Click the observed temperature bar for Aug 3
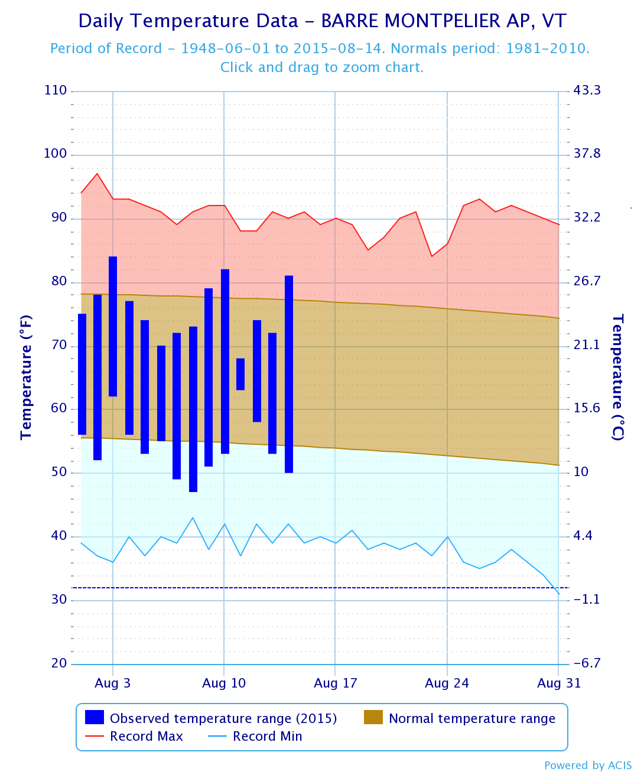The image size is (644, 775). pyautogui.click(x=113, y=326)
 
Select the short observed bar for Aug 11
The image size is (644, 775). pyautogui.click(x=240, y=374)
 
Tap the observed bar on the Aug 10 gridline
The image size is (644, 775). pyautogui.click(x=225, y=361)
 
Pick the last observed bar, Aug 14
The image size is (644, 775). pyautogui.click(x=289, y=374)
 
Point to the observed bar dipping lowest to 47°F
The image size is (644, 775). pyautogui.click(x=193, y=409)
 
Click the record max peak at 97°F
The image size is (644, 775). pyautogui.click(x=97, y=174)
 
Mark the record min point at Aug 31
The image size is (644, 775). pyautogui.click(x=558, y=594)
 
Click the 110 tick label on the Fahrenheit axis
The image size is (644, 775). pyautogui.click(x=56, y=90)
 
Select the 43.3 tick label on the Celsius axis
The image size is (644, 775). pyautogui.click(x=587, y=90)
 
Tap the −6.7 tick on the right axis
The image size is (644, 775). pyautogui.click(x=587, y=663)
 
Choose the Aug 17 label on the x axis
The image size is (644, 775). pyautogui.click(x=336, y=683)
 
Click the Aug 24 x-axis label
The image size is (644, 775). pyautogui.click(x=447, y=683)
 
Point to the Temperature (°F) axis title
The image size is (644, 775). pyautogui.click(x=26, y=377)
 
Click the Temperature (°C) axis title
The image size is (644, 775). pyautogui.click(x=618, y=377)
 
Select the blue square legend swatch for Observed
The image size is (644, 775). pyautogui.click(x=95, y=717)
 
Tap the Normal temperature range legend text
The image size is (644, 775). pyautogui.click(x=472, y=718)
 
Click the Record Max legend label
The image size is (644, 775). pyautogui.click(x=147, y=737)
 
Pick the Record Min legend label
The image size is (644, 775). pyautogui.click(x=268, y=737)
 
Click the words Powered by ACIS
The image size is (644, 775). pyautogui.click(x=588, y=766)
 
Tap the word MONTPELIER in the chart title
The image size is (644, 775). pyautogui.click(x=432, y=21)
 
